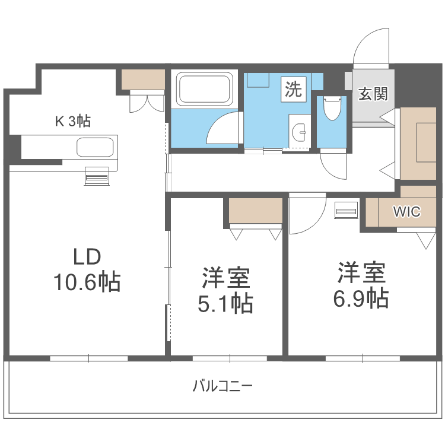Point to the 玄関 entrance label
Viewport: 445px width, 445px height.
373,93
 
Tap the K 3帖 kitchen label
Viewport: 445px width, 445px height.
73,122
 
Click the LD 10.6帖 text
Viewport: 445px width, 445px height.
87,270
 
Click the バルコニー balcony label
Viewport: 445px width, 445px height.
223,386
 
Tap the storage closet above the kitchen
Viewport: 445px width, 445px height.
143,80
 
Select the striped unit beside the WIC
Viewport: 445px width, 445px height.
347,210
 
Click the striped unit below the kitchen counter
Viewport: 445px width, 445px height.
97,176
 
